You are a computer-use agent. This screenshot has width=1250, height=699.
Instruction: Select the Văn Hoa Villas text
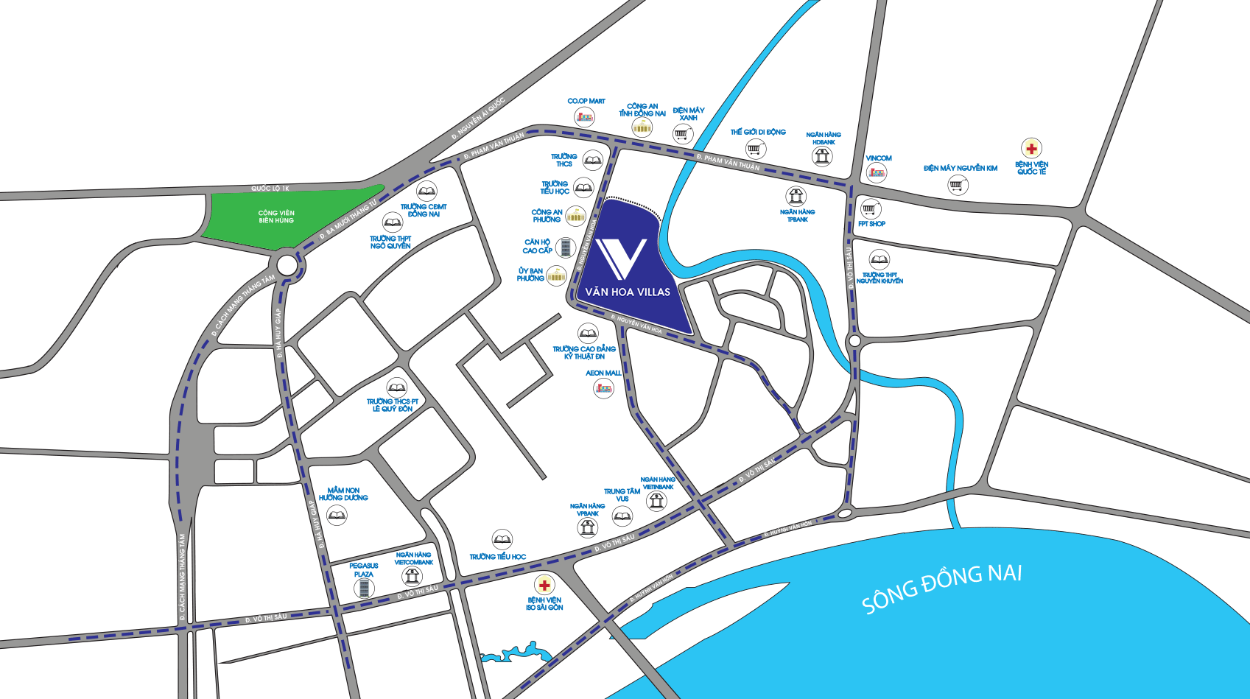coord(628,292)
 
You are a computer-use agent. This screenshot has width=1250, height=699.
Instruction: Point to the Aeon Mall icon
coord(603,388)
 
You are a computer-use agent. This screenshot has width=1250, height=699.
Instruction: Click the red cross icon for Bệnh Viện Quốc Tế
coord(1031,149)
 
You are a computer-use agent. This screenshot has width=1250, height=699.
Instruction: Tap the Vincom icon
coord(876,172)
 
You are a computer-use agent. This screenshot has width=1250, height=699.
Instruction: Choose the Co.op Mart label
coord(586,101)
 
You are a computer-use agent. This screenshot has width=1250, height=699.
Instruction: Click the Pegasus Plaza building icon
coord(363,588)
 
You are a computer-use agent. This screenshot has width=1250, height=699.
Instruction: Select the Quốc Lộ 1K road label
coord(270,189)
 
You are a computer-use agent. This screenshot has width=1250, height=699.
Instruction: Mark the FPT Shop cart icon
coord(871,209)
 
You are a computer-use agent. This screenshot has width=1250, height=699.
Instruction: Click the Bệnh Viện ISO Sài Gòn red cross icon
coord(544,586)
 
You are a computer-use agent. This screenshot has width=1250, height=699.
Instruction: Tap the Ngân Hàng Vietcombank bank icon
coord(412,576)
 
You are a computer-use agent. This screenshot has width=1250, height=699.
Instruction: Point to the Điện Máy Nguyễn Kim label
coord(961,168)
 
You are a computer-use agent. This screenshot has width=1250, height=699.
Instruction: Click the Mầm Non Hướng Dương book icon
coord(337,515)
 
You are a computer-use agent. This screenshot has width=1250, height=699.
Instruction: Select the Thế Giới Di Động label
coord(758,132)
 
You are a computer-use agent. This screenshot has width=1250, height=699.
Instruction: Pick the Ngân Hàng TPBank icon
coord(796,197)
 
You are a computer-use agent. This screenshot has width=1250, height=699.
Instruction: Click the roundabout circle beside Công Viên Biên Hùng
coord(287,265)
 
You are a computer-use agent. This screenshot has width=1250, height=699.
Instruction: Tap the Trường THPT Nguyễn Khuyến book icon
coord(879,260)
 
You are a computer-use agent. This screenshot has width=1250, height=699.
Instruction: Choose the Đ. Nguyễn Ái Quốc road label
coord(478,119)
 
